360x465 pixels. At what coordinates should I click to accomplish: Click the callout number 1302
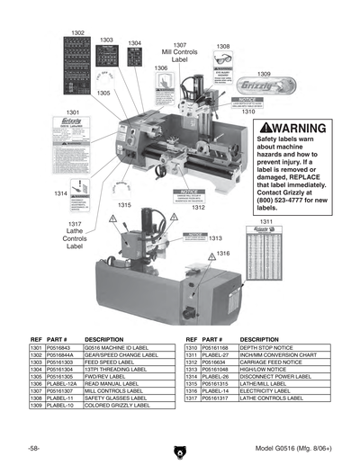click(x=77, y=33)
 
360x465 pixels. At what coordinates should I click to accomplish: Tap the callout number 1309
click(x=264, y=74)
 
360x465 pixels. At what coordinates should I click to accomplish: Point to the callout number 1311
click(x=266, y=220)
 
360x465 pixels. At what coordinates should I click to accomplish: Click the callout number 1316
click(x=221, y=255)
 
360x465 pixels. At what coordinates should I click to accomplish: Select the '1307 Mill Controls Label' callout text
click(x=180, y=53)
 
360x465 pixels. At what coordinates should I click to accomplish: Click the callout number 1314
click(x=59, y=193)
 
